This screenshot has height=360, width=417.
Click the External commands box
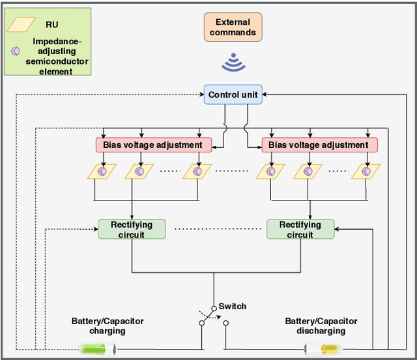click(x=233, y=27)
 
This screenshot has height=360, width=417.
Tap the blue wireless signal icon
click(x=233, y=63)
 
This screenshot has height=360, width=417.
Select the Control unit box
click(x=233, y=95)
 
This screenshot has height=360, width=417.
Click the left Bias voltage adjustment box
click(x=154, y=145)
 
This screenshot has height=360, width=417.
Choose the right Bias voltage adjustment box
click(x=319, y=145)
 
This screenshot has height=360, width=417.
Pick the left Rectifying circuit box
click(x=132, y=229)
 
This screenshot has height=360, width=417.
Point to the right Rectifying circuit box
click(x=300, y=229)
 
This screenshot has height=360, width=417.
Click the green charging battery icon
click(x=97, y=349)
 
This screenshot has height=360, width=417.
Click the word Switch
click(x=233, y=306)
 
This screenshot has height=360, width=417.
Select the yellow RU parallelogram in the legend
click(x=21, y=25)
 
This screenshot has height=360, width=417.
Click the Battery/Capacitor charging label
click(x=108, y=325)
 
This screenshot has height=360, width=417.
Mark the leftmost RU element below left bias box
click(x=101, y=171)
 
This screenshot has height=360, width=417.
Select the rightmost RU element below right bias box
click(x=366, y=171)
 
